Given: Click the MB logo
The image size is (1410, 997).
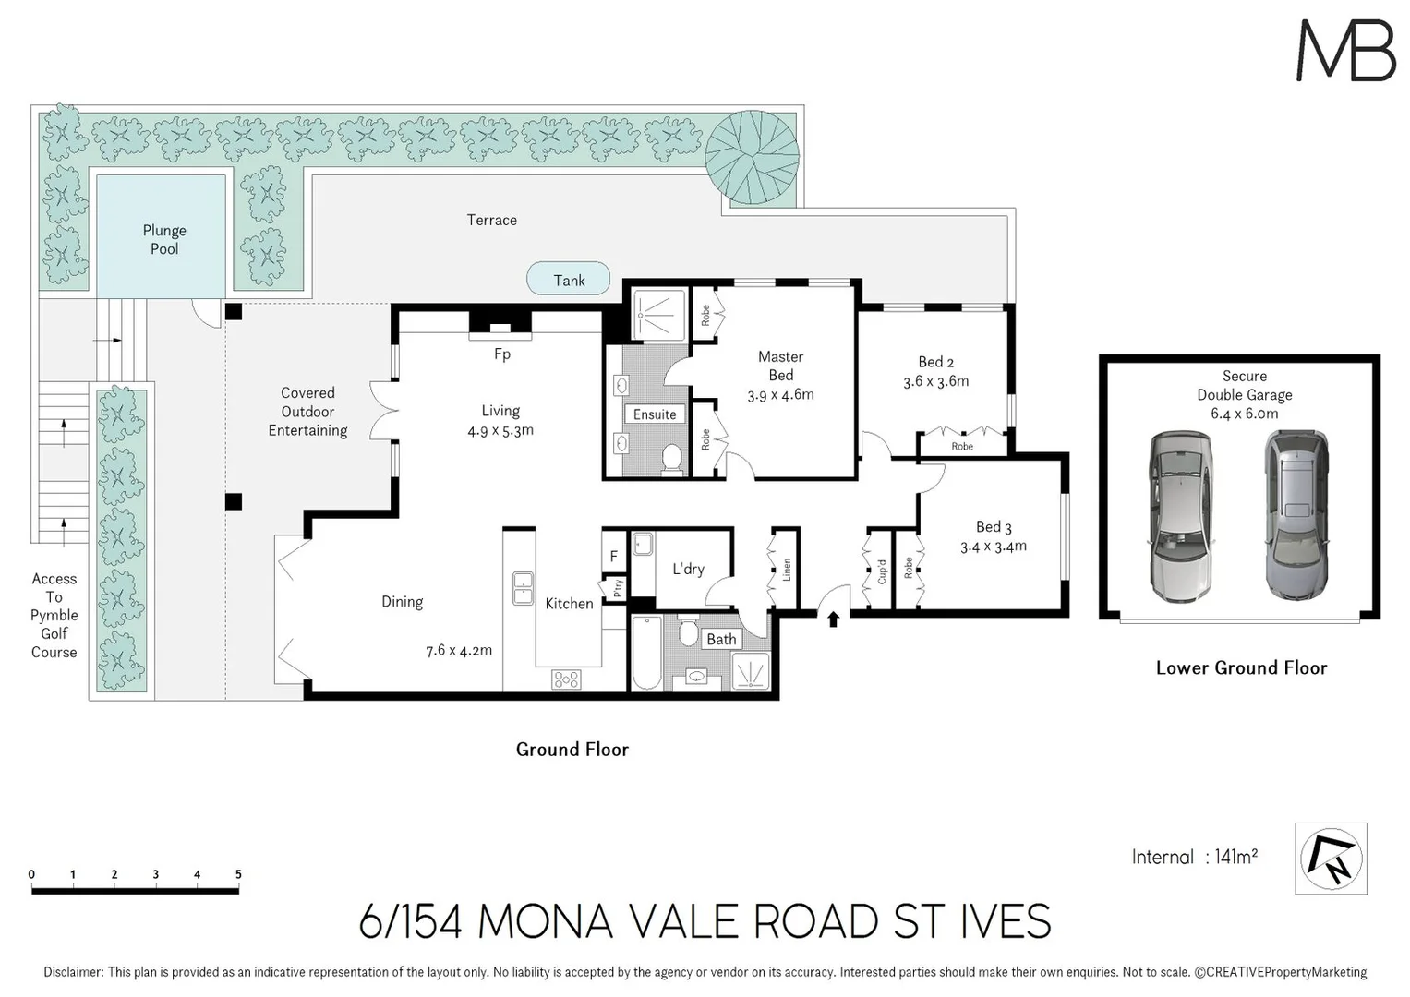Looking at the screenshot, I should [x=1345, y=51].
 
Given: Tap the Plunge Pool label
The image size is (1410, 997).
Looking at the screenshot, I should [x=164, y=239].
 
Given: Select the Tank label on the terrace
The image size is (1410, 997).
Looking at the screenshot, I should [x=569, y=280].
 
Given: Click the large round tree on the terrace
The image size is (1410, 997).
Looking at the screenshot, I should [x=752, y=157].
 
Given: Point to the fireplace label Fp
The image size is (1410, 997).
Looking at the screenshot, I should [x=501, y=354].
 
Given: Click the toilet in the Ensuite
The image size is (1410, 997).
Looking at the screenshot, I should [x=672, y=458].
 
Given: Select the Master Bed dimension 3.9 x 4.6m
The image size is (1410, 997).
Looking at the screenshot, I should [x=780, y=395].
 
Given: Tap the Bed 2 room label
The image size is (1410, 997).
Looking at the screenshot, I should [x=935, y=362].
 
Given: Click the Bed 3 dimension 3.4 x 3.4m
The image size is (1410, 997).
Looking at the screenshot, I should [x=993, y=547].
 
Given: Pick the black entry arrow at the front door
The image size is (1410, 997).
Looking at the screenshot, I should [x=833, y=619].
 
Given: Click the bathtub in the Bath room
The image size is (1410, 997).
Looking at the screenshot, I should [x=646, y=654].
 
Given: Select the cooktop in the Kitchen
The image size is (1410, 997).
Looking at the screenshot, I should [x=566, y=679].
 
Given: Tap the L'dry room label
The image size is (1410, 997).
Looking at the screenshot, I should [x=688, y=569].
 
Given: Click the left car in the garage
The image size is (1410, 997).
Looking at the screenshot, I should [x=1179, y=517].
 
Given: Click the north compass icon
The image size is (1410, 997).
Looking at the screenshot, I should [x=1331, y=859].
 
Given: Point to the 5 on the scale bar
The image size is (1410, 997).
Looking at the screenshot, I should [x=238, y=874].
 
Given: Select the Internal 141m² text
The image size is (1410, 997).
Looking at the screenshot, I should [x=1194, y=858].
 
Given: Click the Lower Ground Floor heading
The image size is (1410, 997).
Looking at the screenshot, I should [x=1241, y=668].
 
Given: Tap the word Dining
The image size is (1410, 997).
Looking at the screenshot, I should [x=402, y=602].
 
